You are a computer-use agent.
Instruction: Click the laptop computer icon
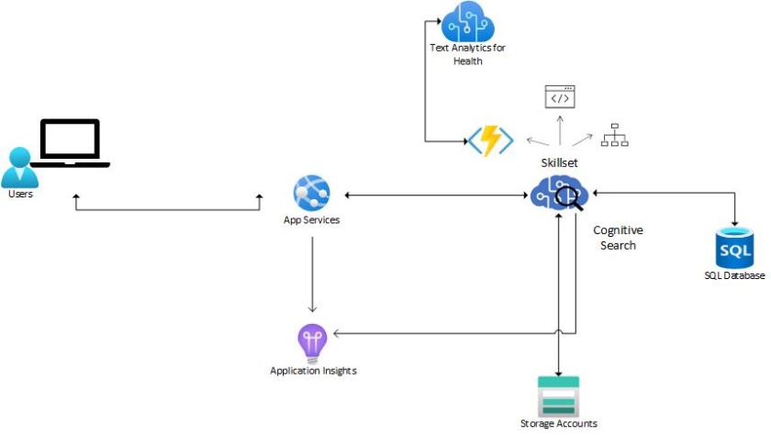pyautogui.click(x=70, y=143)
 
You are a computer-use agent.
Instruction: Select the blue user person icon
pyautogui.click(x=19, y=167)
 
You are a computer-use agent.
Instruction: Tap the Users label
pyautogui.click(x=20, y=195)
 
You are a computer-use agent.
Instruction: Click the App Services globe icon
pyautogui.click(x=311, y=194)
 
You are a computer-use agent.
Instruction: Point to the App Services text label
pyautogui.click(x=311, y=220)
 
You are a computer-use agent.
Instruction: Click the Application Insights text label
pyautogui.click(x=313, y=371)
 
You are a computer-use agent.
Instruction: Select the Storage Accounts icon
pyautogui.click(x=558, y=395)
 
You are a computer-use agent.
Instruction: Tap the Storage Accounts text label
pyautogui.click(x=558, y=423)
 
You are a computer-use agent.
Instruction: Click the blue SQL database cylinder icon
pyautogui.click(x=734, y=246)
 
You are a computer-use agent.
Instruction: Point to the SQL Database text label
pyautogui.click(x=734, y=275)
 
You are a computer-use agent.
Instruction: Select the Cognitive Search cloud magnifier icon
pyautogui.click(x=559, y=195)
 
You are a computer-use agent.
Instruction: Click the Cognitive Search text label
pyautogui.click(x=618, y=238)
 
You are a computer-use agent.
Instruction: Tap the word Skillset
pyautogui.click(x=559, y=162)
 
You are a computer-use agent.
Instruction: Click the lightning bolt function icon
pyautogui.click(x=490, y=140)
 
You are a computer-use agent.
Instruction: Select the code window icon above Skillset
pyautogui.click(x=559, y=96)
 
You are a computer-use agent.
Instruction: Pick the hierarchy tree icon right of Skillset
pyautogui.click(x=614, y=136)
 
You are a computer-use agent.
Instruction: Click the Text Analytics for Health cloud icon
pyautogui.click(x=467, y=20)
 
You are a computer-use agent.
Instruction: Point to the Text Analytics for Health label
pyautogui.click(x=467, y=54)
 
